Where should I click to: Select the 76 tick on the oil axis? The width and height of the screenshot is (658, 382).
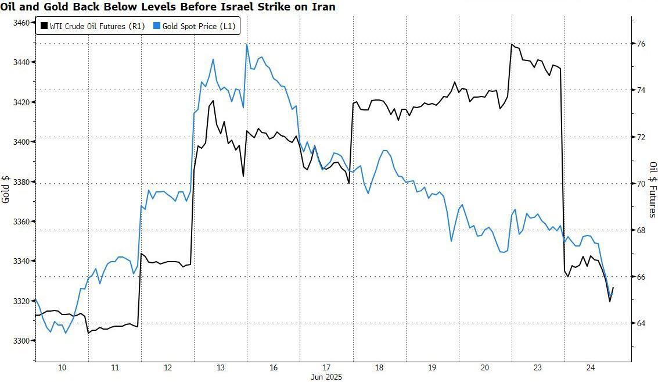[642, 44]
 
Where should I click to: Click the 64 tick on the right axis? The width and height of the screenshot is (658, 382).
[642, 323]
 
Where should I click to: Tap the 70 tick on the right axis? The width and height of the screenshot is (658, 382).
[642, 184]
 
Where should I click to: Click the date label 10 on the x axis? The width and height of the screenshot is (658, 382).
[62, 367]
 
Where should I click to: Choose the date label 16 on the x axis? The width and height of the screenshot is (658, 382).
[274, 367]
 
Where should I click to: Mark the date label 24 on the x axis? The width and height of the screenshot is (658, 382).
[591, 367]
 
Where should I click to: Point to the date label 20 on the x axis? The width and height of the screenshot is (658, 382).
[485, 367]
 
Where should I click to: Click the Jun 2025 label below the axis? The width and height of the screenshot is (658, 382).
[326, 377]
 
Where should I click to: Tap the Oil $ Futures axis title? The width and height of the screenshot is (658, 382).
[652, 190]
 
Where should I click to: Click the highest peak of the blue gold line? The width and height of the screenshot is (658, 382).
[247, 44]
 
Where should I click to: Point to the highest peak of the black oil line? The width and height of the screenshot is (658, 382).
[512, 44]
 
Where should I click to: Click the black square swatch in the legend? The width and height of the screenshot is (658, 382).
[44, 26]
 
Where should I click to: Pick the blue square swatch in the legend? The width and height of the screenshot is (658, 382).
[157, 26]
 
